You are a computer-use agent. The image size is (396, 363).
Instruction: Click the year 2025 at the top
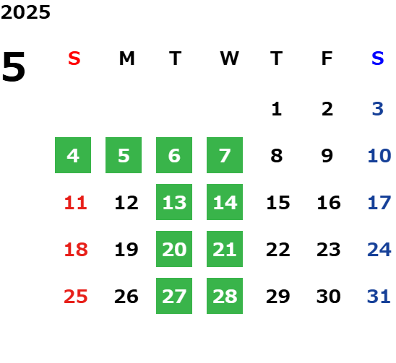(25, 12)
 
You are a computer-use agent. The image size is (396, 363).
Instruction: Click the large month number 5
(14, 66)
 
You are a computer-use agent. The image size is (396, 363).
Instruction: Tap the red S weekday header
(74, 58)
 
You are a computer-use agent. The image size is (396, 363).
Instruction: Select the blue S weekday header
(377, 58)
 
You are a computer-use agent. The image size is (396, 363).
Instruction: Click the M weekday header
(126, 58)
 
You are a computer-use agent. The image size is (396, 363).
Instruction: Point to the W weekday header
(229, 58)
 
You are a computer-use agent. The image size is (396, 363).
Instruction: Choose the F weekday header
(327, 58)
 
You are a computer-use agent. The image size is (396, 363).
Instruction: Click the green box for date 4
(73, 155)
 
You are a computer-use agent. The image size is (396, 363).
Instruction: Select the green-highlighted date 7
(225, 155)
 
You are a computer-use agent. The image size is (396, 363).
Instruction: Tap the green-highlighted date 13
(174, 202)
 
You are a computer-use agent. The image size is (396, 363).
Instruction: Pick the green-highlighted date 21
(225, 249)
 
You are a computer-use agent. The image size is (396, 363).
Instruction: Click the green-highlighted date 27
(174, 296)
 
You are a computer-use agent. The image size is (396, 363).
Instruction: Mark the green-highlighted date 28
(225, 296)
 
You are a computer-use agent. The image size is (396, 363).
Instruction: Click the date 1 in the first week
(277, 109)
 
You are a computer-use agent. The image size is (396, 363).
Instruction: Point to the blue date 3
(378, 109)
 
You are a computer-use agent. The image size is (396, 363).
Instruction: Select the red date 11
(75, 203)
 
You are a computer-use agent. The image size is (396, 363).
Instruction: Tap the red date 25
(75, 297)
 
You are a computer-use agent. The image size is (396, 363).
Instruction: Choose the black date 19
(126, 250)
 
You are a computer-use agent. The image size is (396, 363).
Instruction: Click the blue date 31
(379, 297)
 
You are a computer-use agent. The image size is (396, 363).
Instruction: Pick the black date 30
(328, 297)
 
